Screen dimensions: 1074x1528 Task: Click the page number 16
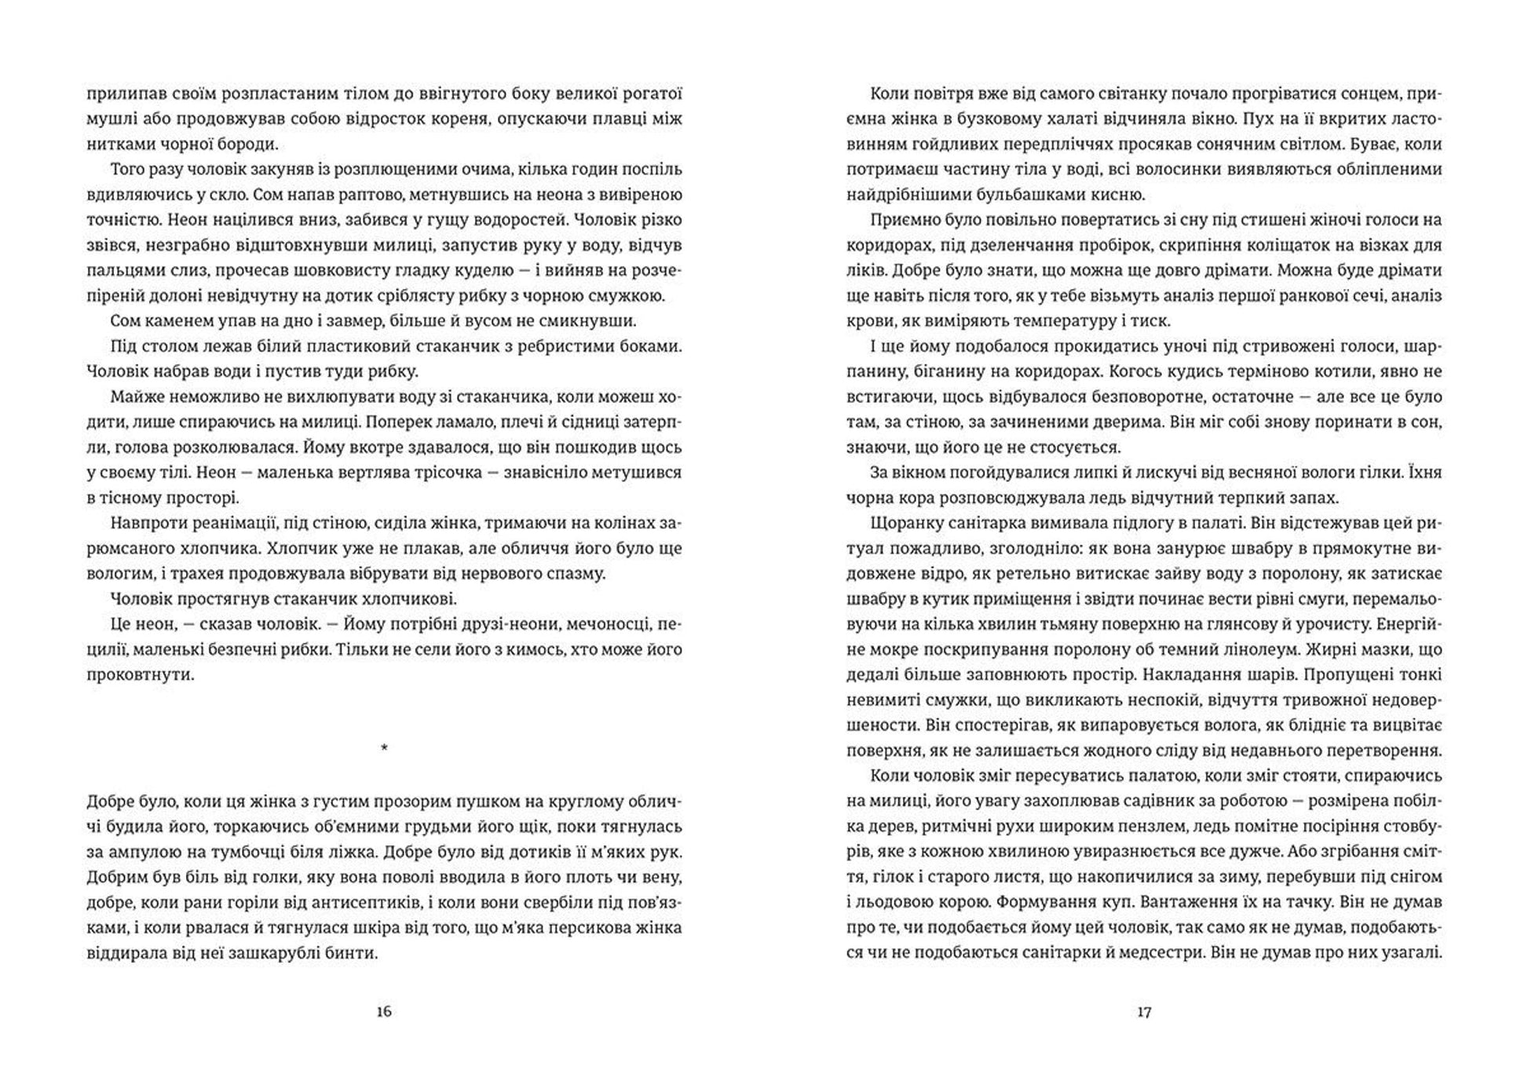tap(383, 1012)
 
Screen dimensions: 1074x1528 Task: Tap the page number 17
tap(1144, 1012)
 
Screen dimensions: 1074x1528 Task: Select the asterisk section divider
tap(384, 748)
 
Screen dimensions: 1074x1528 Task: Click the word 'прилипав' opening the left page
tap(121, 94)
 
